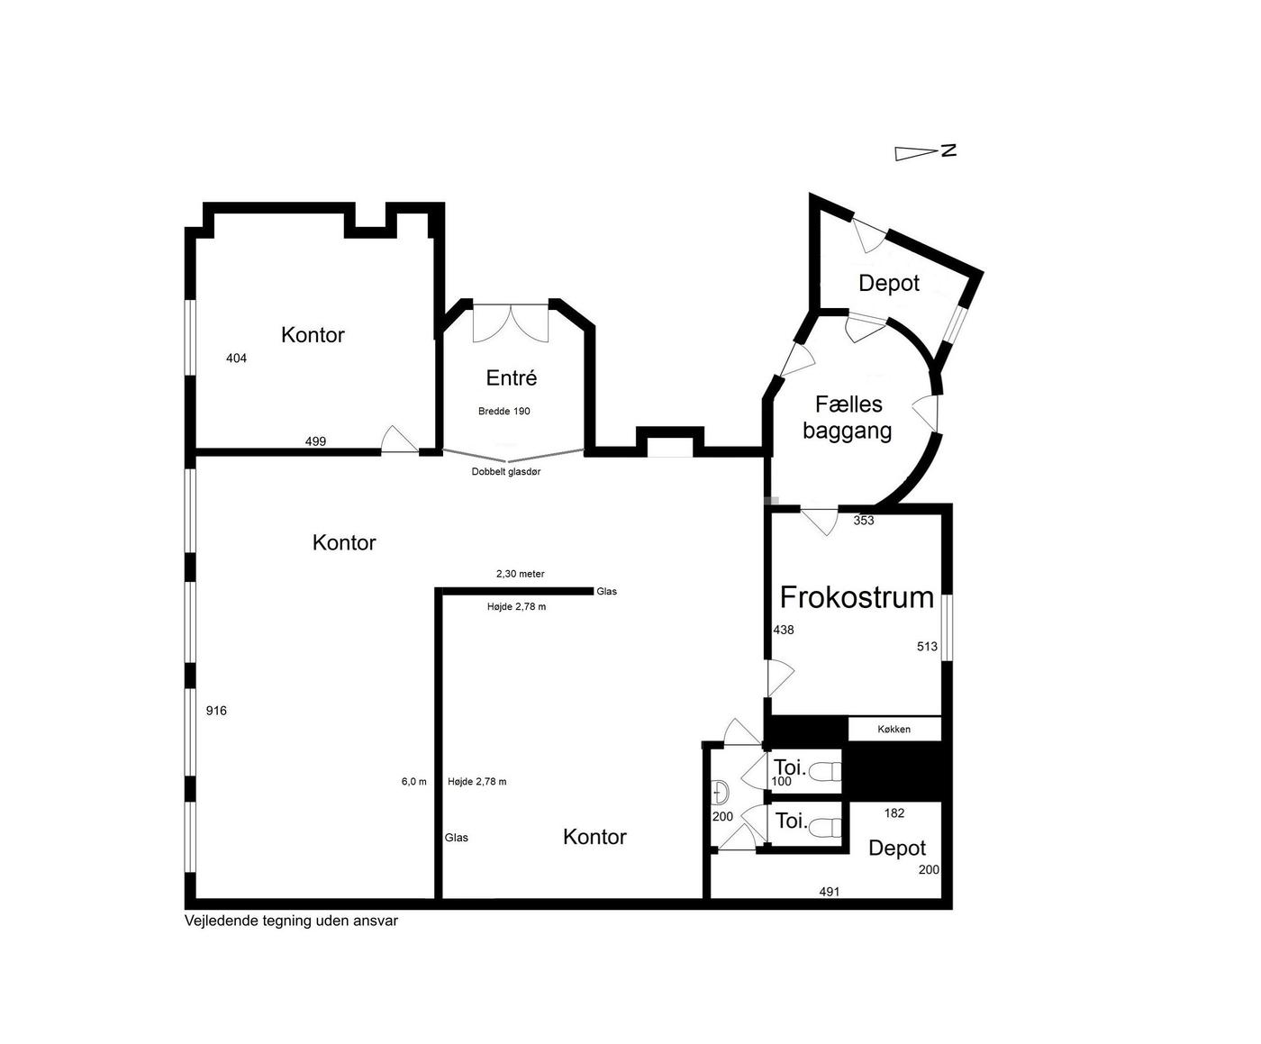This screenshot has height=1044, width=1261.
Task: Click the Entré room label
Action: click(x=511, y=378)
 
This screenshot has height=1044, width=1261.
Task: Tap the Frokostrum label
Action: click(x=857, y=597)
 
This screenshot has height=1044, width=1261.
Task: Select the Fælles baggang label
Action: click(x=848, y=417)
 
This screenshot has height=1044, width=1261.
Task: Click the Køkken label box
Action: click(x=894, y=730)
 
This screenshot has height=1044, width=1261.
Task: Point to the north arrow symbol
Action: click(x=925, y=152)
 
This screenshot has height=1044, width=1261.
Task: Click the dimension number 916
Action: click(x=216, y=711)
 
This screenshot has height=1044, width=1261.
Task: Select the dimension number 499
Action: click(x=315, y=441)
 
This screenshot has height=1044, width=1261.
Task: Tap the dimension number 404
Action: click(x=236, y=359)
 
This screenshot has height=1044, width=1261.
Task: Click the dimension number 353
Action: click(x=864, y=521)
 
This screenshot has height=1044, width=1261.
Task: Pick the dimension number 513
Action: click(x=927, y=647)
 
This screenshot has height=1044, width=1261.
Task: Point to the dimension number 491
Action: click(x=830, y=892)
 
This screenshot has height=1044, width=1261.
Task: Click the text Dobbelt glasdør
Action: click(x=506, y=472)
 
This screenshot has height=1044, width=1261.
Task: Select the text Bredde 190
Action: click(x=504, y=412)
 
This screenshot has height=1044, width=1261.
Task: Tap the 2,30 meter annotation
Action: click(x=521, y=574)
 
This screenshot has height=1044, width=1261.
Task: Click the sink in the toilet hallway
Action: click(x=720, y=792)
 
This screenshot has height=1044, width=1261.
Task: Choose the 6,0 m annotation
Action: click(x=413, y=782)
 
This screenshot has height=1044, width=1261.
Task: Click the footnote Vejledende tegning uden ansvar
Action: click(x=291, y=921)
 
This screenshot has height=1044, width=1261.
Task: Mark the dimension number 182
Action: click(x=894, y=813)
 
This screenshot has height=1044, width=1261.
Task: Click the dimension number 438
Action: click(x=784, y=631)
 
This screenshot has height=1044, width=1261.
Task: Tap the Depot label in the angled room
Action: click(x=889, y=284)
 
